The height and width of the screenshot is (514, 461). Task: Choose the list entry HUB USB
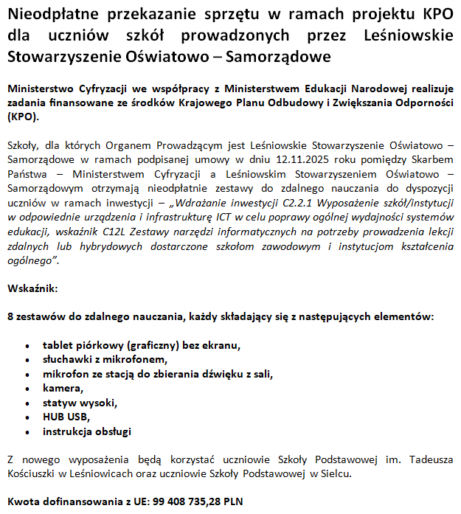coord(66,417)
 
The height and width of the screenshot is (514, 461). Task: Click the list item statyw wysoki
coord(80,403)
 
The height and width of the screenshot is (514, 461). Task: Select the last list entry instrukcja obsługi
coord(87,432)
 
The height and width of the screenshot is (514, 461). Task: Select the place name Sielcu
coord(337,473)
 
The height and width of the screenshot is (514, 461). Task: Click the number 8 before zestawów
coord(10,316)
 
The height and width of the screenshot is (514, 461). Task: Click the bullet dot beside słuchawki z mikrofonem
coord(27,360)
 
